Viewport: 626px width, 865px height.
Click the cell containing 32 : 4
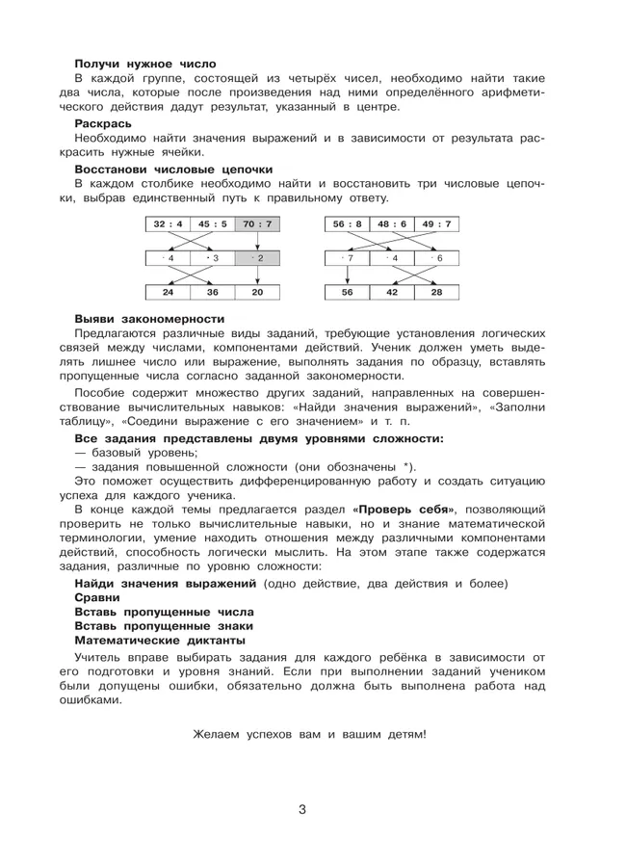(x=168, y=224)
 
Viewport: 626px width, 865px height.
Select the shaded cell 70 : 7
(x=257, y=224)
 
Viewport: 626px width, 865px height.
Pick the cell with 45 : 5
(x=212, y=224)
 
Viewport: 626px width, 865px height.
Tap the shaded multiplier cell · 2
(x=257, y=258)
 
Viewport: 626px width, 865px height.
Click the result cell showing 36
(x=212, y=293)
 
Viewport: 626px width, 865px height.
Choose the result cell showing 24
(x=168, y=293)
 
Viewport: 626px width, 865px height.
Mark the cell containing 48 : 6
(x=392, y=224)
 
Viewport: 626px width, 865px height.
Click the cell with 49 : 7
(x=436, y=224)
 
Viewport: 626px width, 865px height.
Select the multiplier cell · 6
(x=436, y=258)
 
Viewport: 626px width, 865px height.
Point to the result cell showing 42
(x=392, y=293)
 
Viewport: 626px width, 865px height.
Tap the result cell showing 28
(x=436, y=293)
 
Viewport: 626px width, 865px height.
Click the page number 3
(x=301, y=810)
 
